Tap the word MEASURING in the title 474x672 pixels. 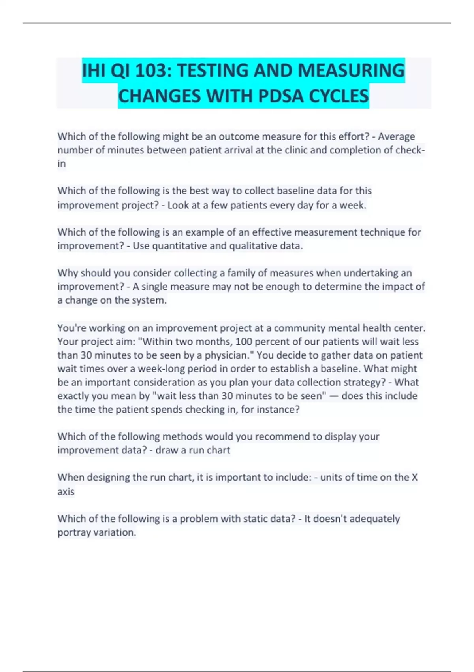351,71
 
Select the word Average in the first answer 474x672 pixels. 396,136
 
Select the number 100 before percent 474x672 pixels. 244,342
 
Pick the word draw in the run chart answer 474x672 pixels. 166,450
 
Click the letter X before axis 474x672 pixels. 414,477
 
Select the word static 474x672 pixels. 258,519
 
